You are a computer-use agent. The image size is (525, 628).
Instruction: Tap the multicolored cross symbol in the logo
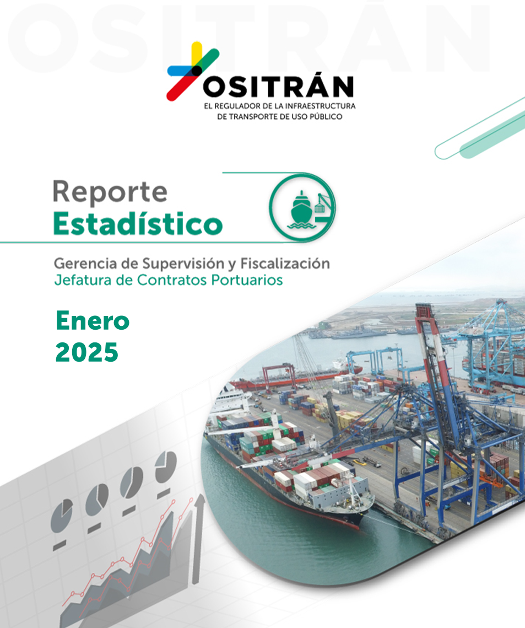click(193, 71)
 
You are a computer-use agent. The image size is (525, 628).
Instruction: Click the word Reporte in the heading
click(110, 192)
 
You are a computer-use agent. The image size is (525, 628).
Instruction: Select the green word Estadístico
click(138, 223)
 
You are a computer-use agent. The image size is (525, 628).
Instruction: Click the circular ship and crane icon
click(302, 208)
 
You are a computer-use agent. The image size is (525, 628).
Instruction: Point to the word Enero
click(93, 321)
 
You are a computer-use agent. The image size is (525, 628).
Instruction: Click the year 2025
click(87, 352)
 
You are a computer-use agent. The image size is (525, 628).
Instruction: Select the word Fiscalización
click(285, 264)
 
